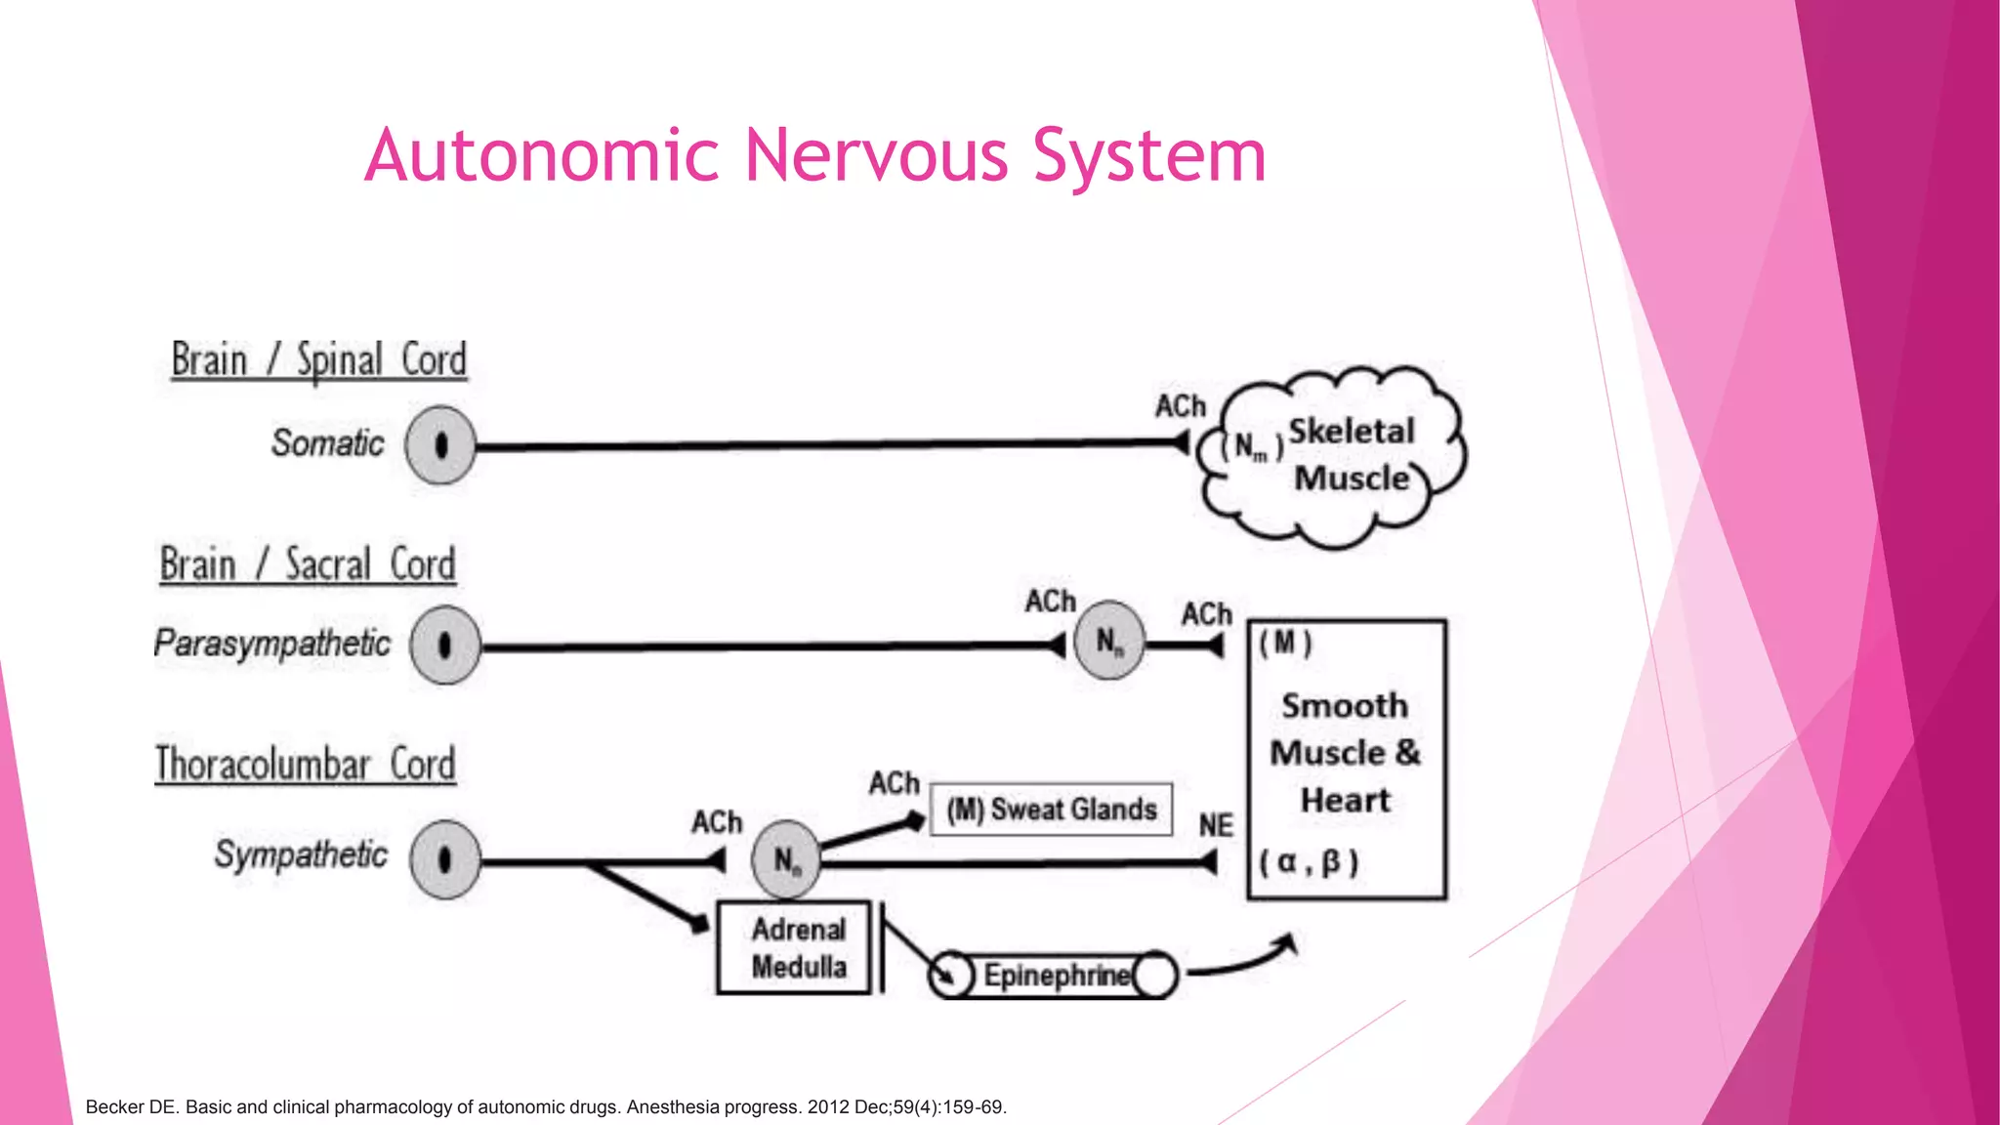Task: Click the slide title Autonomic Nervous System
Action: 814,156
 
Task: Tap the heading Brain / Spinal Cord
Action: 318,360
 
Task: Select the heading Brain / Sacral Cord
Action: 308,565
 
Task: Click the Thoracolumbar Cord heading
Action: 305,765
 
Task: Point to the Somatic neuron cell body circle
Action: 440,445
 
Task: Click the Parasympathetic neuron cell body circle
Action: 445,646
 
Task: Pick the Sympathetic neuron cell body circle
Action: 445,859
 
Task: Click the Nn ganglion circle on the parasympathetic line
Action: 1108,641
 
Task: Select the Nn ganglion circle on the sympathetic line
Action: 785,860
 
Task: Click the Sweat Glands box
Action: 1051,810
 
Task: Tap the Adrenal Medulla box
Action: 795,948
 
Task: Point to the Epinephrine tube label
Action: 1056,976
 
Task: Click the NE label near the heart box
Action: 1216,826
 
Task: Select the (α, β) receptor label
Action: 1309,862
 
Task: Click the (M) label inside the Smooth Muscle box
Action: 1285,644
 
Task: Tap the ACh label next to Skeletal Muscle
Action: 1180,406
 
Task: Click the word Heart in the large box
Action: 1345,801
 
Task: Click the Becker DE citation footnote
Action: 546,1107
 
